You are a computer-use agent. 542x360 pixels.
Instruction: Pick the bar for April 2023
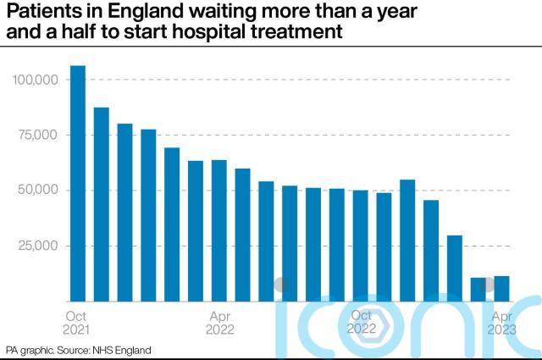501,289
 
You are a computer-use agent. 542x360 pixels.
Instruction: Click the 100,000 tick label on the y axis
35,80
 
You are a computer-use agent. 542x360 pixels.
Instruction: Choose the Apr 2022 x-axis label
218,321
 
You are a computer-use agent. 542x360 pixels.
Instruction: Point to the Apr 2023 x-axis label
502,321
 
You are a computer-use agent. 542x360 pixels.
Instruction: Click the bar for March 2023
478,289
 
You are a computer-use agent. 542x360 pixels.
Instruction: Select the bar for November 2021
101,204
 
